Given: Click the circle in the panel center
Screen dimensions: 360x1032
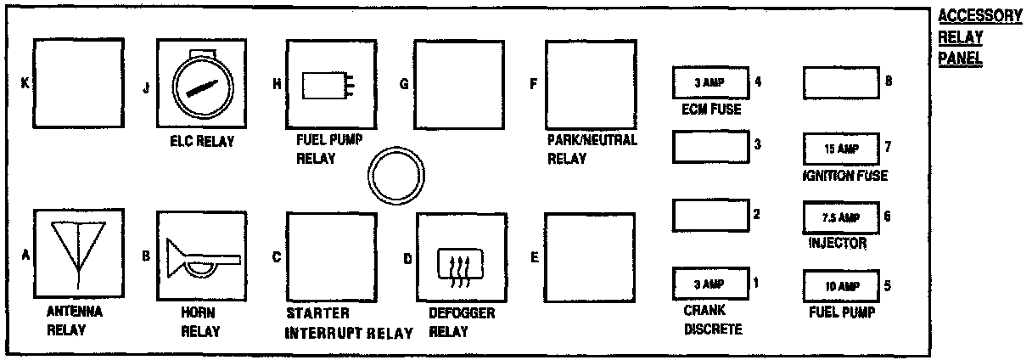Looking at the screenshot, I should (x=395, y=174).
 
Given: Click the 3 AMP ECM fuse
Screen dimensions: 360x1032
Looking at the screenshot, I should (x=709, y=82).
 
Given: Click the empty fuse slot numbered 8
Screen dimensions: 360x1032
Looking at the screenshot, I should (x=840, y=82).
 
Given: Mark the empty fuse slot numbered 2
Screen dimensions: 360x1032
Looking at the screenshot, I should (x=709, y=214).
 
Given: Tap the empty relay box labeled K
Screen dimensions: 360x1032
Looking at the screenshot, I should (x=79, y=82).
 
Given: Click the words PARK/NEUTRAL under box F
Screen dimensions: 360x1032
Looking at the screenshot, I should (x=592, y=141).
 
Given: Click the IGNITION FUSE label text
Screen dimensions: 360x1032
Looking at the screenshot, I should (x=844, y=176).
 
